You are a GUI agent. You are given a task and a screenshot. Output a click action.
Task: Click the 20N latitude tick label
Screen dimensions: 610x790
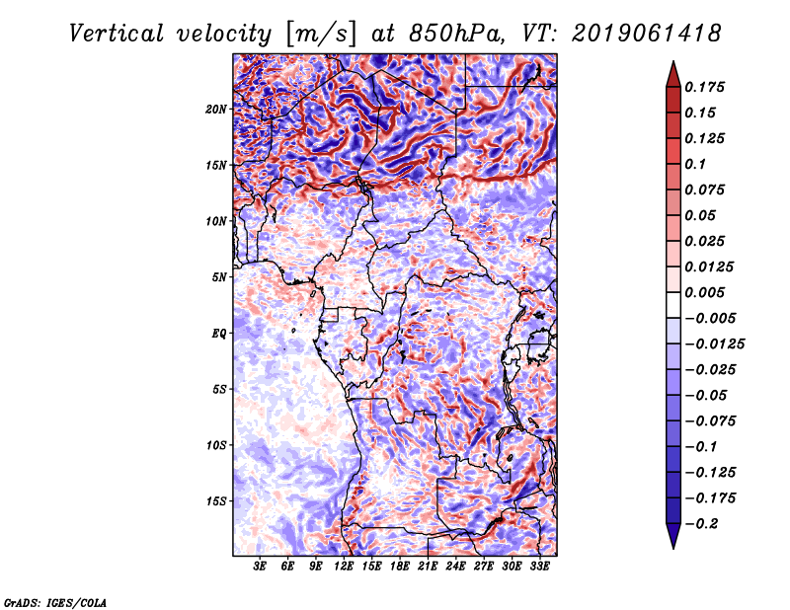coord(216,109)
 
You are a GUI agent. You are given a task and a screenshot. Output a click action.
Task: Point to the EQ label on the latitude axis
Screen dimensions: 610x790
coord(219,333)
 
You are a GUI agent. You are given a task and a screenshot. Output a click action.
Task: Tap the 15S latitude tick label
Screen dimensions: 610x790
coord(216,501)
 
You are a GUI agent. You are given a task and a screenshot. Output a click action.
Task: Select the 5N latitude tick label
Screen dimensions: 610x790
coord(219,277)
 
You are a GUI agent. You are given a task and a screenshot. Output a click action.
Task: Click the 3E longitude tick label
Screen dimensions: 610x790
coord(261,568)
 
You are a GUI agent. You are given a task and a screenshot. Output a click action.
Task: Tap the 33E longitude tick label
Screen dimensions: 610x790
coord(540,568)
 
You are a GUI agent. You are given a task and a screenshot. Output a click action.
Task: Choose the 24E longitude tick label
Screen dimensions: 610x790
coord(456,568)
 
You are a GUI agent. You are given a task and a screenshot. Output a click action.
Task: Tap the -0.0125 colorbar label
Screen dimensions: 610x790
coord(717,343)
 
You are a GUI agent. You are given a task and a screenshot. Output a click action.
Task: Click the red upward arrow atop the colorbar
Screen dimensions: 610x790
coord(672,73)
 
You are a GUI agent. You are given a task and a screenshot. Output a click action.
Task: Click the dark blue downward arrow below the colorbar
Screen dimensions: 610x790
coord(672,536)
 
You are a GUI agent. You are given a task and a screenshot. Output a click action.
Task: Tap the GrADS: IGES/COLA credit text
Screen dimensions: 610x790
coord(54,601)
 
